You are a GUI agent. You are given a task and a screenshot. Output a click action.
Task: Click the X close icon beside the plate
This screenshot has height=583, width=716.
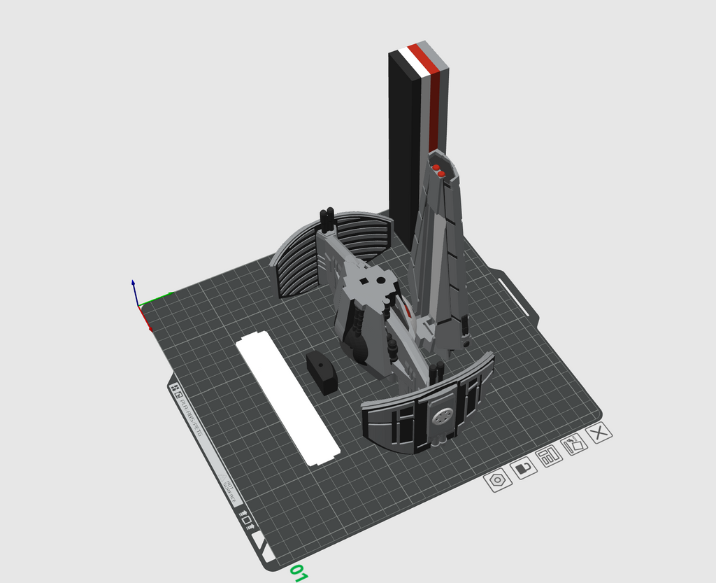[599, 433]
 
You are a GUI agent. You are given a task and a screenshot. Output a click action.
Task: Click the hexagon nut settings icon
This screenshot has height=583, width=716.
[498, 480]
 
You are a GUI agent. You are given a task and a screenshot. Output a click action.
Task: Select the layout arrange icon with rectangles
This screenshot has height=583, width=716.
[550, 457]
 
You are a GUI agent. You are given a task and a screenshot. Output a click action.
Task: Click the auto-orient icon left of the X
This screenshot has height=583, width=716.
[575, 444]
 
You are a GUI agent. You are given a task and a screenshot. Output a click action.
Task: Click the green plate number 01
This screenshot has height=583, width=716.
[299, 573]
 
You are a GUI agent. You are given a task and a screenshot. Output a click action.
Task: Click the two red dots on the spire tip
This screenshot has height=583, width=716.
[438, 170]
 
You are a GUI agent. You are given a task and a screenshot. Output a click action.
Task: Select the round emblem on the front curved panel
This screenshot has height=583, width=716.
[441, 417]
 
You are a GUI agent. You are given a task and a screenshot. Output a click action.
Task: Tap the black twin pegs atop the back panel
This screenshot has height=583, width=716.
[327, 220]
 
